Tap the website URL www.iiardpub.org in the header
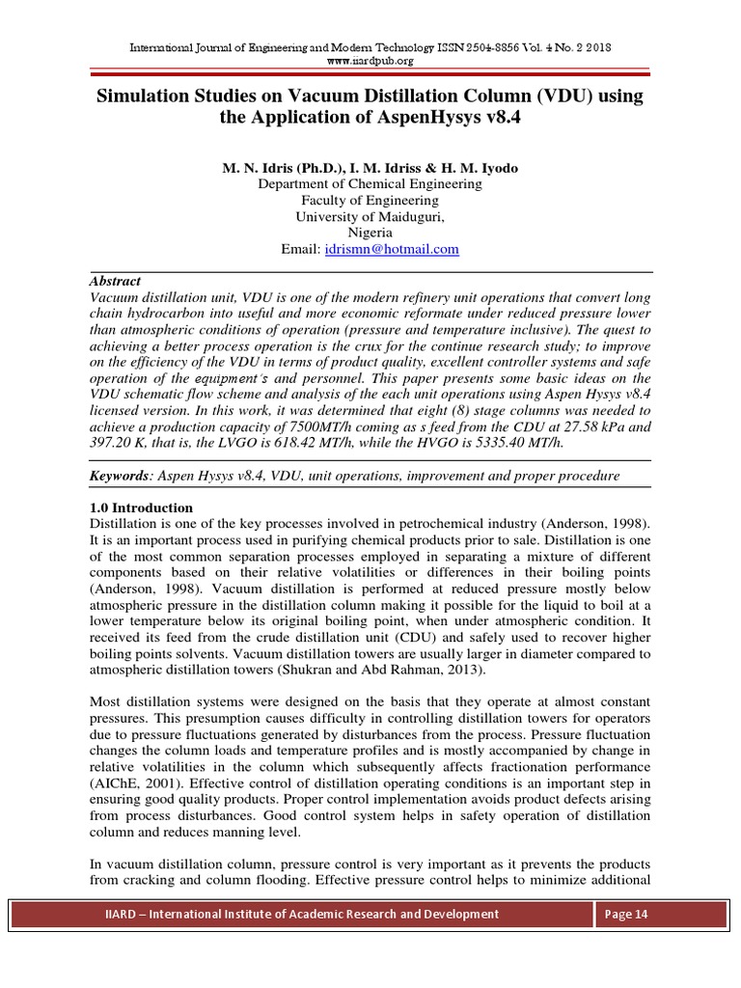(x=370, y=61)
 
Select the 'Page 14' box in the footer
(x=625, y=915)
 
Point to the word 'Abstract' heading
(x=115, y=281)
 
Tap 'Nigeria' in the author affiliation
(x=370, y=233)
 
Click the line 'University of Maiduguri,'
(x=370, y=216)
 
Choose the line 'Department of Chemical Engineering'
(x=370, y=183)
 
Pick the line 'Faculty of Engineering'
(x=370, y=200)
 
